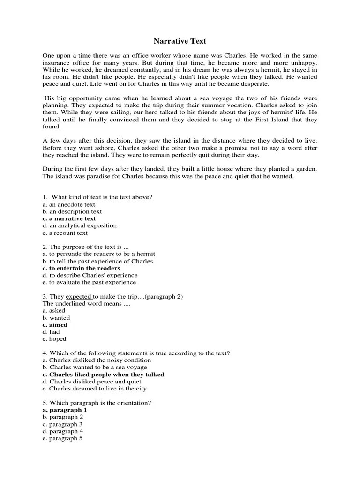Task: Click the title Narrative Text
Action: tap(180, 41)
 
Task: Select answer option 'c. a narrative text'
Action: tap(69, 218)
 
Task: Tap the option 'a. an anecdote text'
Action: tap(68, 204)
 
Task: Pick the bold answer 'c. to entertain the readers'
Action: tap(81, 268)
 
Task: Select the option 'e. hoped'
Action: tap(54, 339)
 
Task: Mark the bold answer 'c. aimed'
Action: tap(55, 325)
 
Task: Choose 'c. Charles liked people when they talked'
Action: tap(103, 375)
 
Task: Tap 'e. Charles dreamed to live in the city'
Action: tap(94, 389)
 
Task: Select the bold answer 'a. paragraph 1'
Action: tap(65, 410)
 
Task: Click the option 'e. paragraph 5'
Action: tap(62, 438)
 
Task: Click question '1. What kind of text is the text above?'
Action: tap(97, 197)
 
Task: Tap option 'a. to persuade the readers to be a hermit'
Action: tap(98, 254)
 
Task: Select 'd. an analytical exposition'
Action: tap(80, 225)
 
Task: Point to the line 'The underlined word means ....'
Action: tap(86, 304)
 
